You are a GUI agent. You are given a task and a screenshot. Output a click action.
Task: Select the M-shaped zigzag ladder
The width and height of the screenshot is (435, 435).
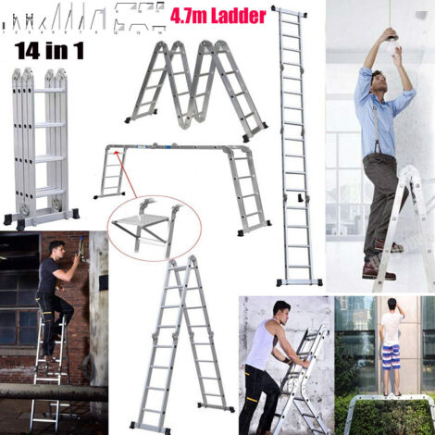click(x=197, y=83)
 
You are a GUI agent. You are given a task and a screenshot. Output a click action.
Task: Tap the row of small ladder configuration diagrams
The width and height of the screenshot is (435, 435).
click(x=83, y=16)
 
